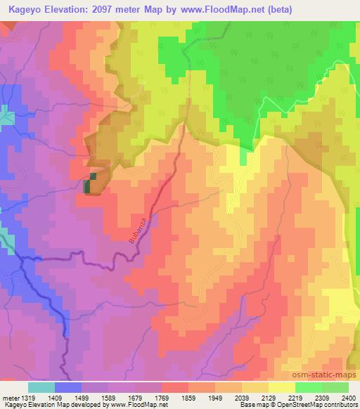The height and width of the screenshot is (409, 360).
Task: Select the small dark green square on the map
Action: point(89,186)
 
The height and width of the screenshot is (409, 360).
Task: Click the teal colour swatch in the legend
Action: point(41,387)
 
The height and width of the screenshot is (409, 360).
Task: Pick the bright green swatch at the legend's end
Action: point(335,387)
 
